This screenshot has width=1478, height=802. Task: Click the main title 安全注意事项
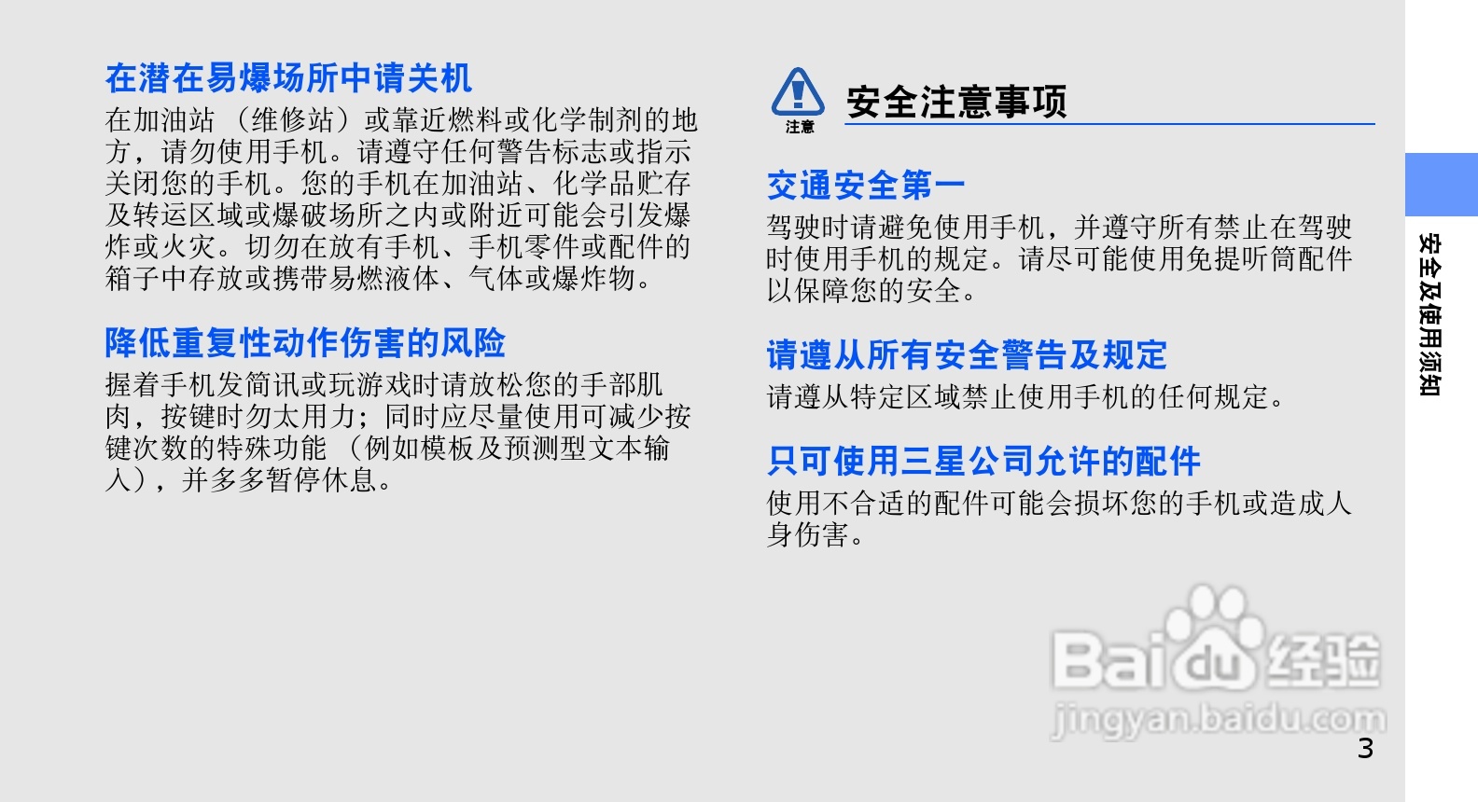(956, 102)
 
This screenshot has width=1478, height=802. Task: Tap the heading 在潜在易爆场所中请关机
(288, 78)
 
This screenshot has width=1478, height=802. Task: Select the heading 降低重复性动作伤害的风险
(305, 343)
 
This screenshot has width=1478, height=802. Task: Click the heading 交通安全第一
(866, 185)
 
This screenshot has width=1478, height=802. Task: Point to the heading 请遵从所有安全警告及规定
(967, 354)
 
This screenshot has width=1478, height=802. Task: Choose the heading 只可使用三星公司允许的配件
(983, 461)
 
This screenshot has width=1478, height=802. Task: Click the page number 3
(1365, 749)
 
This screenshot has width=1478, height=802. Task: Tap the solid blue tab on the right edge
(1441, 185)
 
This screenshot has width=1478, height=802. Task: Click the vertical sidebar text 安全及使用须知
(1429, 314)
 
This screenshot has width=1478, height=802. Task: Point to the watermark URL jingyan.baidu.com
(1219, 720)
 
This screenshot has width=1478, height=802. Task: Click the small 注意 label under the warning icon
(800, 127)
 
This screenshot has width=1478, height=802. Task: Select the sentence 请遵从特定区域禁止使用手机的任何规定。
(1026, 397)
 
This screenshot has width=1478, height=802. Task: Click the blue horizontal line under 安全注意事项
(1109, 123)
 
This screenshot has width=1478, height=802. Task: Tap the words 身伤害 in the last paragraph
(808, 535)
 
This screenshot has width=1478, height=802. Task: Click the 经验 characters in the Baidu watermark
(1325, 659)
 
